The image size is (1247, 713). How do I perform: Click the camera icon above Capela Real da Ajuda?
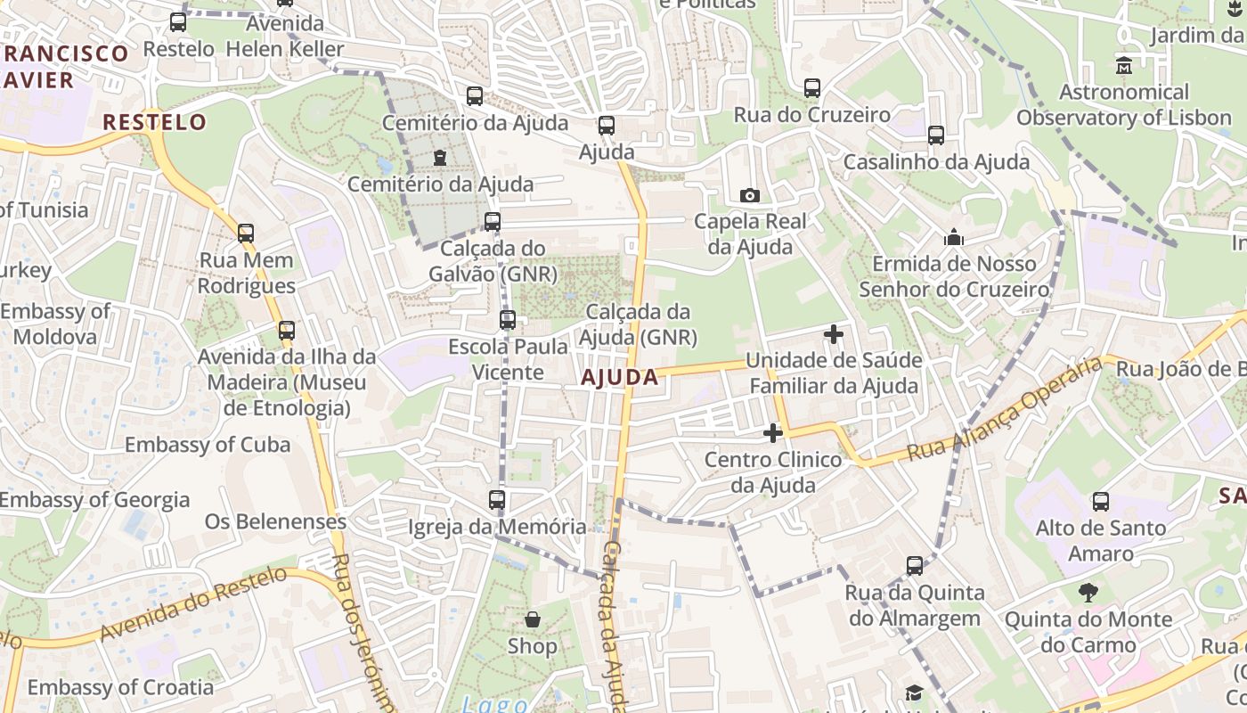[750, 195]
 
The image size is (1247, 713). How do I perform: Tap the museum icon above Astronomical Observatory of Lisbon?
[1123, 65]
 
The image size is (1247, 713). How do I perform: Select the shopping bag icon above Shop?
[533, 619]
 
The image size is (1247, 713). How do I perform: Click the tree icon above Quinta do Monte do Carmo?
[1088, 593]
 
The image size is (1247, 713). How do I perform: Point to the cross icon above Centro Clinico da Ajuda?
[773, 433]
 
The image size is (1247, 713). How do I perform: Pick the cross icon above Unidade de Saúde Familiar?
[834, 334]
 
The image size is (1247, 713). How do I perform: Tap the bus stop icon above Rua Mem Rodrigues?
[246, 234]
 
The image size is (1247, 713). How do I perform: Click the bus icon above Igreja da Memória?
[497, 500]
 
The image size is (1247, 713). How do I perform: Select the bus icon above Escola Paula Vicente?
[508, 319]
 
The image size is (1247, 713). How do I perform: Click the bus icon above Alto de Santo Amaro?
[1101, 502]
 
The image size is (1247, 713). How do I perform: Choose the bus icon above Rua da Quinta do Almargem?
[915, 566]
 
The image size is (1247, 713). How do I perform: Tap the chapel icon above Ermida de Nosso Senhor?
[954, 237]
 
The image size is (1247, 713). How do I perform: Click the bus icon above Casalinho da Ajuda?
[936, 135]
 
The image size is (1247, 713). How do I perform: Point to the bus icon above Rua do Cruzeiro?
[812, 88]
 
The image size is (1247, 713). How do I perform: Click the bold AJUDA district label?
[619, 377]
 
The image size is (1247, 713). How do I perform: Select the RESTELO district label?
[154, 122]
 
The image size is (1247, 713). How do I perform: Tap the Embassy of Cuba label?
[208, 445]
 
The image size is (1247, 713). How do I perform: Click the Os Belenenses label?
[275, 521]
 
